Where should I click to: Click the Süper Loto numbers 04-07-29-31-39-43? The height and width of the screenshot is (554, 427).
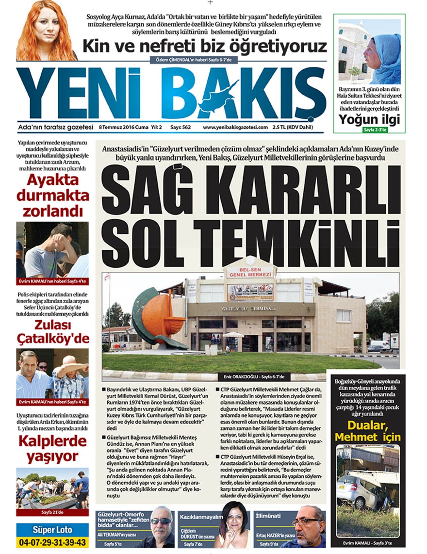tap(51, 541)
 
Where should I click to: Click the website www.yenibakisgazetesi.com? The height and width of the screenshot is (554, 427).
tap(235, 128)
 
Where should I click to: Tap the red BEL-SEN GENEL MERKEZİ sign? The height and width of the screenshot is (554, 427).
tap(249, 272)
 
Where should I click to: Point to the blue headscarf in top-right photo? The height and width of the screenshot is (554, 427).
tap(388, 58)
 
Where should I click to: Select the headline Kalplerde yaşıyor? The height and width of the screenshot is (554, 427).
tap(52, 449)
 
